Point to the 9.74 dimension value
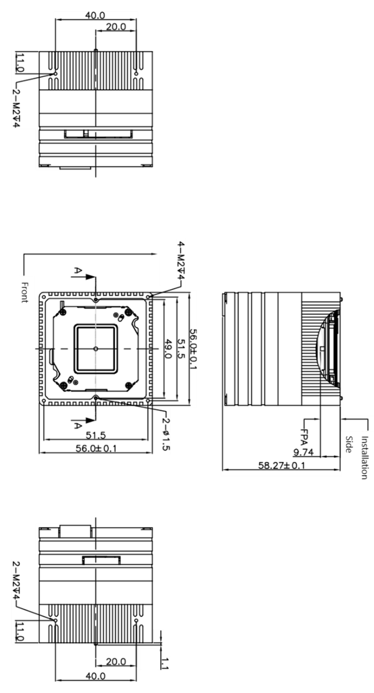point(304,452)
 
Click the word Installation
point(364,458)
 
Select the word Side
point(349,444)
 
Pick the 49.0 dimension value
point(167,349)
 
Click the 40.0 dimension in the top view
point(95,15)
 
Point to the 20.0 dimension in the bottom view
point(116,662)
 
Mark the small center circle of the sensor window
point(96,349)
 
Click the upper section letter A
point(79,271)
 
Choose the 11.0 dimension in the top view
point(20,62)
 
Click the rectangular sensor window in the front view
point(96,349)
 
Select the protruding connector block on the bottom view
point(76,531)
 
